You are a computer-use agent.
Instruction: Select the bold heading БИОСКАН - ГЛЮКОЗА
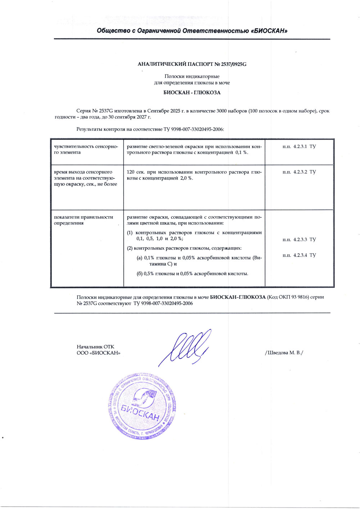coord(192,92)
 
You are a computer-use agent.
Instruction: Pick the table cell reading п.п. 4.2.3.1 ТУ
coord(299,147)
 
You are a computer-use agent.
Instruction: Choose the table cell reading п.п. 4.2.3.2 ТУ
coord(299,172)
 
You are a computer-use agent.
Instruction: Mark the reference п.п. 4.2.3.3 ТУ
coord(299,240)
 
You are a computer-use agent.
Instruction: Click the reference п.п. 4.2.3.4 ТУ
coord(299,255)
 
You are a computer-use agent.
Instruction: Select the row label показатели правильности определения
coord(84,220)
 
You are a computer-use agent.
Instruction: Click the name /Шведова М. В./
coord(284,353)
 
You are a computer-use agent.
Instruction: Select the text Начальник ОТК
coord(95,347)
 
